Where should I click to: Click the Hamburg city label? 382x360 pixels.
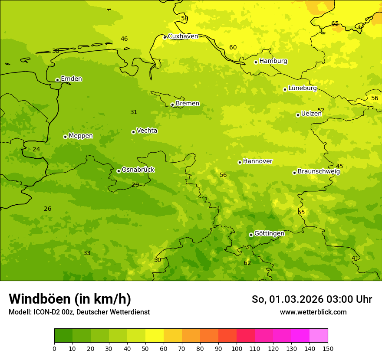click(x=273, y=61)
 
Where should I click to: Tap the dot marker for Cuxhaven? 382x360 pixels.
click(x=165, y=37)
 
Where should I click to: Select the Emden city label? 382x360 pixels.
click(x=71, y=79)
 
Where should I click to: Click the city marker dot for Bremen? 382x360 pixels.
click(x=172, y=105)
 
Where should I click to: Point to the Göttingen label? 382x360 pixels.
click(x=269, y=233)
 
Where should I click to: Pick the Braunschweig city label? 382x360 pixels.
click(x=319, y=171)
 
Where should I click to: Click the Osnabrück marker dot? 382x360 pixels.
click(x=119, y=171)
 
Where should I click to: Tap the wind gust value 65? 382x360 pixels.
click(x=335, y=23)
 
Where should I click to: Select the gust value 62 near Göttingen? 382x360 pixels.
click(x=247, y=263)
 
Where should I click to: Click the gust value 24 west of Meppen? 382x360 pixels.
click(x=36, y=149)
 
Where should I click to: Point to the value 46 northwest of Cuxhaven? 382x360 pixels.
click(x=124, y=39)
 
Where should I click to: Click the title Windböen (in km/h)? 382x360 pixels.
click(x=70, y=299)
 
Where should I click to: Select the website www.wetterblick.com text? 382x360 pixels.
click(x=313, y=312)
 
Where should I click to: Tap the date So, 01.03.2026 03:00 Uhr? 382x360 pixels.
click(x=312, y=299)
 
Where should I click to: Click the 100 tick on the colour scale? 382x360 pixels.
click(x=237, y=348)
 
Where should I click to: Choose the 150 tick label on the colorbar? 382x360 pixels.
click(x=328, y=348)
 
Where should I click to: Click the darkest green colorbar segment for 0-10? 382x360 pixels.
click(x=63, y=336)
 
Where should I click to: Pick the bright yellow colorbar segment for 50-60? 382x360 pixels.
click(x=155, y=336)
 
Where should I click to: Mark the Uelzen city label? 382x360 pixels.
click(x=311, y=114)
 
